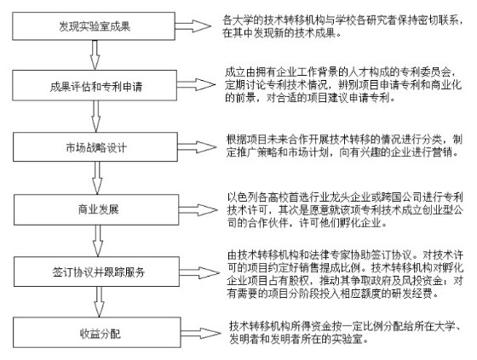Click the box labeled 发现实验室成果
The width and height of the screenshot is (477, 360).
coord(94,26)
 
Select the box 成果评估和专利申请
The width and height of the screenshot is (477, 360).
coord(95,85)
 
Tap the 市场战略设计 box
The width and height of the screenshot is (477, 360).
coord(95,147)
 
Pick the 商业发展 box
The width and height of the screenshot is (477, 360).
coord(96,210)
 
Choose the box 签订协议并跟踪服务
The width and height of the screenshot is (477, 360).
coord(97,271)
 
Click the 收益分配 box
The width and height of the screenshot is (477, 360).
coord(97,332)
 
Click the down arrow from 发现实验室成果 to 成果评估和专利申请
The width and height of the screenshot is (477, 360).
coord(95,55)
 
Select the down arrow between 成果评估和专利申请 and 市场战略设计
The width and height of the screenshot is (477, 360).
coord(95,117)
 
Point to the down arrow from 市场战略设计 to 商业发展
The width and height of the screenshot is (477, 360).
coord(97,178)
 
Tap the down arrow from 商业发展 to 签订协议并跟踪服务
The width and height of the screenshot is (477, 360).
coord(98,241)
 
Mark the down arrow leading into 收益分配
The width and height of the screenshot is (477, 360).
coord(99,302)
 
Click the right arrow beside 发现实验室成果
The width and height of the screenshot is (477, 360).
coord(193,26)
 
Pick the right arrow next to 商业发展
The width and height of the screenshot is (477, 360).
coord(198,210)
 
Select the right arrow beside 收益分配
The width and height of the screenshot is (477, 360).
coord(201,334)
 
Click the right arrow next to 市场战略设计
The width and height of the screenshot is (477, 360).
coord(197,147)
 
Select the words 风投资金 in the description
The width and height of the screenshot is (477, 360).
coord(422,280)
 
